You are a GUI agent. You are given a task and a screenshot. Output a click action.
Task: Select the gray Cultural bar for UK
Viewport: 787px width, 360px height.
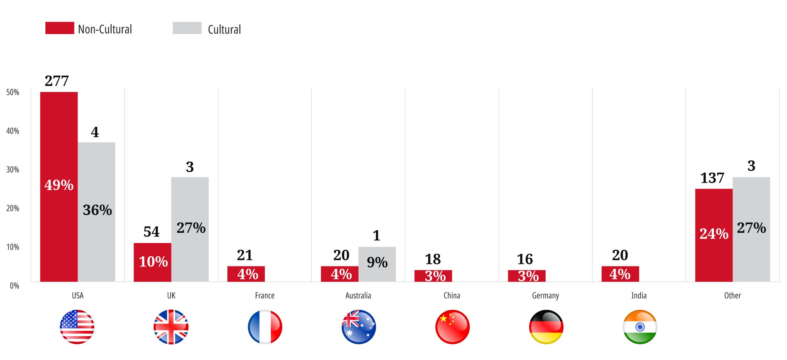tap(190, 250)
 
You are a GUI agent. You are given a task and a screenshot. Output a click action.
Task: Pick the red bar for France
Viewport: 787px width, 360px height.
tap(246, 274)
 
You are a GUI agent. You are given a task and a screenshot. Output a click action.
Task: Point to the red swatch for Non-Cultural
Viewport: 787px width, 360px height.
tap(59, 28)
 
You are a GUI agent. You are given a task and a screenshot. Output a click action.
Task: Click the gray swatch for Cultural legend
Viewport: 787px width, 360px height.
tap(187, 28)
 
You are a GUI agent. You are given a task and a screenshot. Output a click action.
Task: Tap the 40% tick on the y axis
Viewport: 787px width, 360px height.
tap(12, 131)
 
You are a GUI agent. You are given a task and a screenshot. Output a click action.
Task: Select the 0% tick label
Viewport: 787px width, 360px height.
tap(14, 286)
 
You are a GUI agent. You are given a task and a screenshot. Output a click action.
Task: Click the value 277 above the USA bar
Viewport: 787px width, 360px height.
tap(57, 81)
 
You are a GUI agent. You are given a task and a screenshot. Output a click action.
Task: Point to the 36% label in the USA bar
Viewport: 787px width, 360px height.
tap(97, 210)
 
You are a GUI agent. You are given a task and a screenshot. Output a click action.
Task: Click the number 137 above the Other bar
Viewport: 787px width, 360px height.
tap(712, 178)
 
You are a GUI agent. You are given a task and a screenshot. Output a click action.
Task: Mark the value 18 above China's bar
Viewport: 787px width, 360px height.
tap(432, 259)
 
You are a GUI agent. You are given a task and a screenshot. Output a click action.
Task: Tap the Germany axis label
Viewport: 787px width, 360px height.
tap(545, 296)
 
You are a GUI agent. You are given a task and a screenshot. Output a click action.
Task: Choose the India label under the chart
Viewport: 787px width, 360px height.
tap(639, 296)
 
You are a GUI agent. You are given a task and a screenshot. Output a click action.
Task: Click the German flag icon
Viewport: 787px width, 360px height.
tap(546, 327)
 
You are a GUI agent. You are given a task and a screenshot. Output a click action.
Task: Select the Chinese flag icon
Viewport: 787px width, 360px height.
tap(453, 327)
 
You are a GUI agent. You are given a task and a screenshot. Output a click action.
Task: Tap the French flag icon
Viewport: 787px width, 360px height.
tap(265, 327)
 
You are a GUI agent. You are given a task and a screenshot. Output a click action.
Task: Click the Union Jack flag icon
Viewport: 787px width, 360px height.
tap(171, 327)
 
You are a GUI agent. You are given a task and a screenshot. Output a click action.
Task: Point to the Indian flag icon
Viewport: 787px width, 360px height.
tap(640, 327)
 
